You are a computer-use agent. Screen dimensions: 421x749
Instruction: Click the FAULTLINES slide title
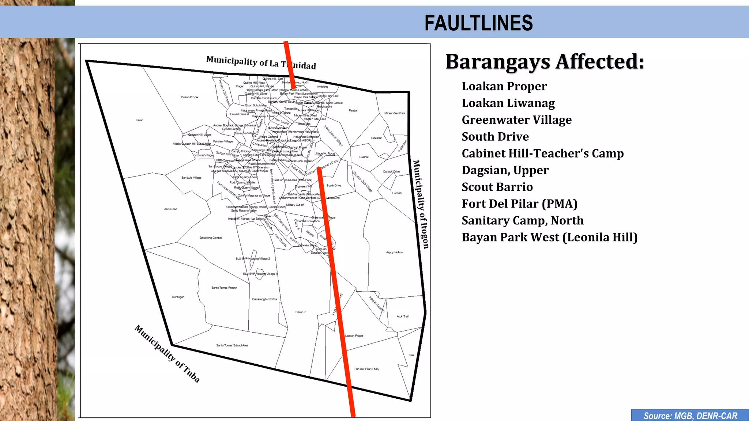point(478,23)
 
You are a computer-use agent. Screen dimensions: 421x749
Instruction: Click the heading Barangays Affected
point(545,61)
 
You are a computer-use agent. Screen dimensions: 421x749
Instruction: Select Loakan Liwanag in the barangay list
point(508,103)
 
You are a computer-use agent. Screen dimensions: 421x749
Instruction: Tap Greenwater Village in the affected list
point(516,120)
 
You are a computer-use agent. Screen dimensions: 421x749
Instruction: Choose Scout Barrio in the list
point(497,187)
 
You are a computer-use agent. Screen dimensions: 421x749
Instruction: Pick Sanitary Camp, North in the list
point(522,221)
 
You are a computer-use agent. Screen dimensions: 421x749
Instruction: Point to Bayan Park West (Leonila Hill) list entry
point(549,238)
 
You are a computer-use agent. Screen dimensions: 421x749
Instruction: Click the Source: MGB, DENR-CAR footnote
point(690,416)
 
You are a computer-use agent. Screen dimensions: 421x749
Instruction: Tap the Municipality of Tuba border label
point(167,354)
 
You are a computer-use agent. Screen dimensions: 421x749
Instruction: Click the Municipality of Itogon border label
point(421,204)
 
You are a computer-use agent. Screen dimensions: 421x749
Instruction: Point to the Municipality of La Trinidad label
point(261,63)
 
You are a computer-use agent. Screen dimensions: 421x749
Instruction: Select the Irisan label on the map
point(140,120)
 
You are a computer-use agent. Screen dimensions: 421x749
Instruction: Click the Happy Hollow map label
point(394,252)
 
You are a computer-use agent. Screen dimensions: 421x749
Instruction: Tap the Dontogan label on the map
point(178,297)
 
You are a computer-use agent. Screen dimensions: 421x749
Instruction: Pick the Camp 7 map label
point(300,312)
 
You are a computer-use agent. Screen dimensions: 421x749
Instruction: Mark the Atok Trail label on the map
point(402,316)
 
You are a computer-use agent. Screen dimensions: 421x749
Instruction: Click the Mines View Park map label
point(395,113)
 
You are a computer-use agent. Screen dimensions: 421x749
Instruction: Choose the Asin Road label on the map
point(170,209)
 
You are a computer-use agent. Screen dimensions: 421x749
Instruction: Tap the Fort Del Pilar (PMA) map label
point(366,369)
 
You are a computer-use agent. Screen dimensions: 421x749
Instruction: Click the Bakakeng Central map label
point(211,238)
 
